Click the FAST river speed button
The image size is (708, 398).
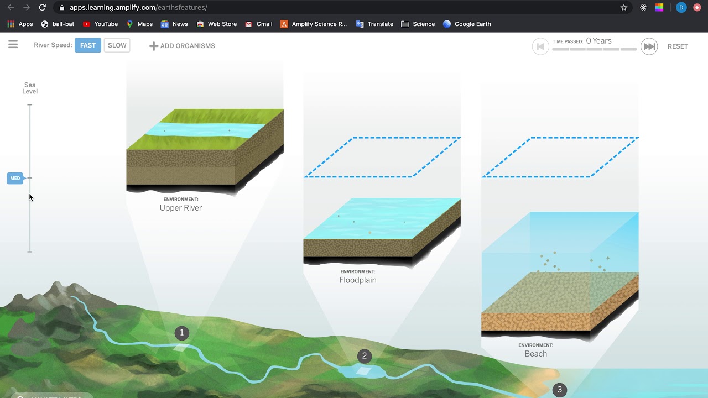88,45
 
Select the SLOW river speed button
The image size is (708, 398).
117,45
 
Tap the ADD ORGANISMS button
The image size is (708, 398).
182,46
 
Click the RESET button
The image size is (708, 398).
678,46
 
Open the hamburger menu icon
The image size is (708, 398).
13,45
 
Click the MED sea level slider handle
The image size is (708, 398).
15,178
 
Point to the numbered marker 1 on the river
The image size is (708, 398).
181,333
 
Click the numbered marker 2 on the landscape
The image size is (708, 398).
364,356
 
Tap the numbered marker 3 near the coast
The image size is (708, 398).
559,390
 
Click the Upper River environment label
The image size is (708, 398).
181,208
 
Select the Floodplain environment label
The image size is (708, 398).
358,280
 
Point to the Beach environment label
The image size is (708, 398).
535,354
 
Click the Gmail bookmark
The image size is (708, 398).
259,24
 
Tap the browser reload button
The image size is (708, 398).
43,8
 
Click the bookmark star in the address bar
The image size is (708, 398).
624,8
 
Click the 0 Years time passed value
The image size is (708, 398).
598,41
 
